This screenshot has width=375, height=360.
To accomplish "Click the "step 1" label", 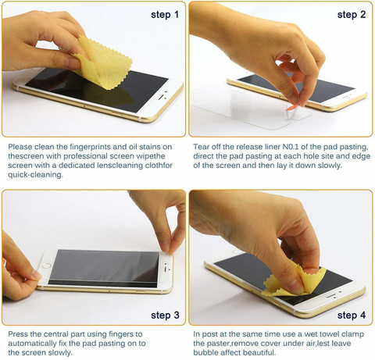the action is pos(165,15).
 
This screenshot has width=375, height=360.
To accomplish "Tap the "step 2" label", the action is pos(352,15).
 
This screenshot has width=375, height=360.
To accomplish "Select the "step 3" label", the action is pos(165,315).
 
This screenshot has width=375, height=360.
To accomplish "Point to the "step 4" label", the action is pos(352,315).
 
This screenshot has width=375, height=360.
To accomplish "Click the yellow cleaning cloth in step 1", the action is pos(103,64).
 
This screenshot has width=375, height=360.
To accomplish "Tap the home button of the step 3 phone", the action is pos(47,266).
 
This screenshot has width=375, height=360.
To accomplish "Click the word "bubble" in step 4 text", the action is pos(205,352).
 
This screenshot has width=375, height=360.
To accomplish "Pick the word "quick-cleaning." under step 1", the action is pos(35,175).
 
